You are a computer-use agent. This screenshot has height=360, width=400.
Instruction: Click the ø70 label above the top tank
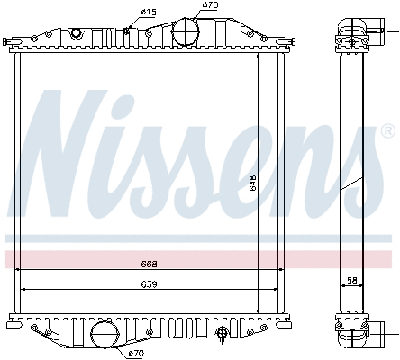pyautogui.click(x=210, y=5)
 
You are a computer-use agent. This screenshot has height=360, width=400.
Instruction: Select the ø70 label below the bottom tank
pyautogui.click(x=136, y=353)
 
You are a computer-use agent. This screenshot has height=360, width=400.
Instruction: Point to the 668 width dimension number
pyautogui.click(x=150, y=265)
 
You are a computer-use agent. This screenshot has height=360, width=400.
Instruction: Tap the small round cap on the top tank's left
pyautogui.click(x=76, y=33)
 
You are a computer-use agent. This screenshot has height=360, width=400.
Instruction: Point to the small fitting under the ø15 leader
pyautogui.click(x=126, y=33)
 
